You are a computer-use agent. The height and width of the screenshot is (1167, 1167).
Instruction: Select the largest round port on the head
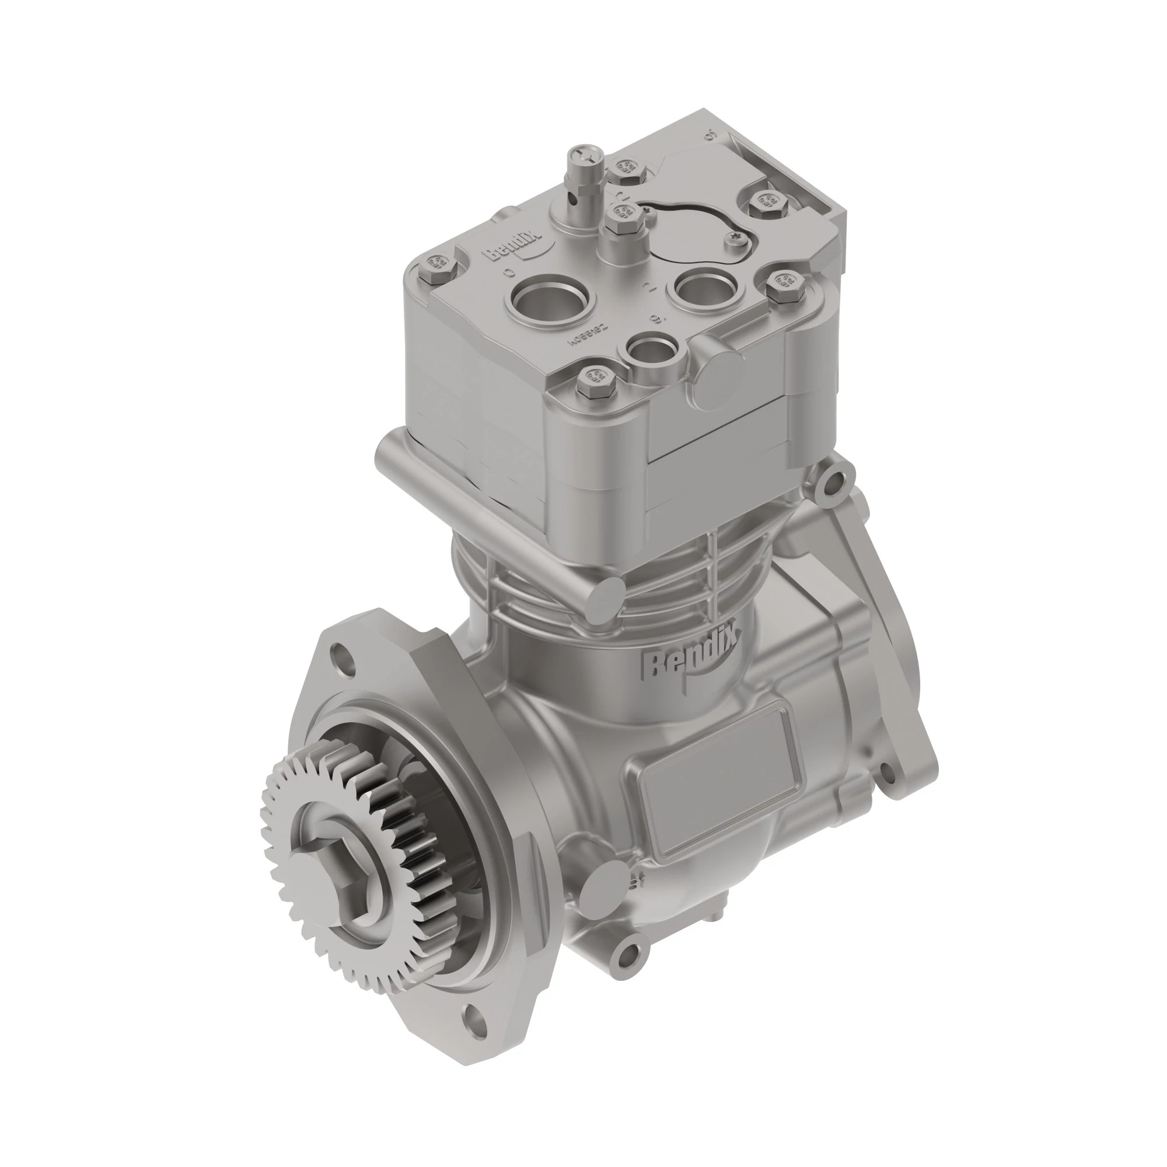pyautogui.click(x=553, y=299)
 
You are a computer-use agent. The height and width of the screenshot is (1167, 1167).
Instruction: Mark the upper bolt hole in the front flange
pyautogui.click(x=343, y=655)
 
